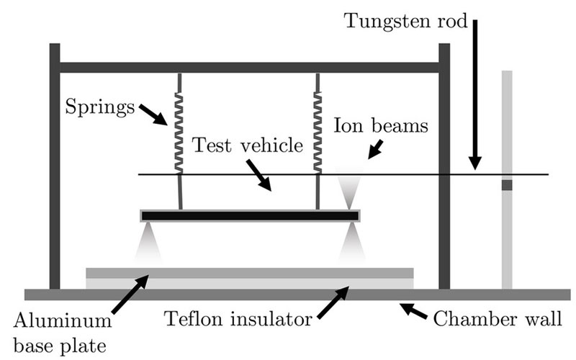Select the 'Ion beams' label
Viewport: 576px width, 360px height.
381,125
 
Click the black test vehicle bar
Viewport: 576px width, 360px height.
250,215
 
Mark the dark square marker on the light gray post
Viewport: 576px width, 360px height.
507,185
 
